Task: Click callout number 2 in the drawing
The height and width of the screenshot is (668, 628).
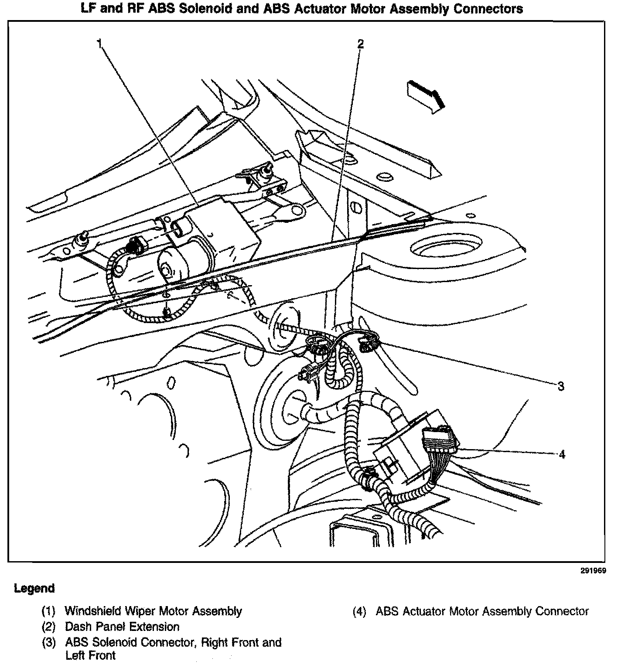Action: (360, 44)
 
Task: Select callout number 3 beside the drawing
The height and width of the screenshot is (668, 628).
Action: (561, 386)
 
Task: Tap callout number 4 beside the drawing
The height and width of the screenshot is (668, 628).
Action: (562, 454)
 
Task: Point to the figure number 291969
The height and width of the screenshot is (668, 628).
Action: (593, 570)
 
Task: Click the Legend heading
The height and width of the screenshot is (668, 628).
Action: (34, 588)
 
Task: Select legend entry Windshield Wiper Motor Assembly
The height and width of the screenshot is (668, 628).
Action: (153, 611)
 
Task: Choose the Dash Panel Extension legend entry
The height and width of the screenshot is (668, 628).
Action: (122, 627)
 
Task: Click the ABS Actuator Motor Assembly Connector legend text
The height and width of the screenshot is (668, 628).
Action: (482, 611)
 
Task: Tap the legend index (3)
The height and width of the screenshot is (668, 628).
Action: (48, 643)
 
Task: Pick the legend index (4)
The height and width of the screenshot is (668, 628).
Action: (359, 611)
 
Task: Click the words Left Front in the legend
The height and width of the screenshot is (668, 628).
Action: (90, 655)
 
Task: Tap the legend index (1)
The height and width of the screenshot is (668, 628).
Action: (48, 611)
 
